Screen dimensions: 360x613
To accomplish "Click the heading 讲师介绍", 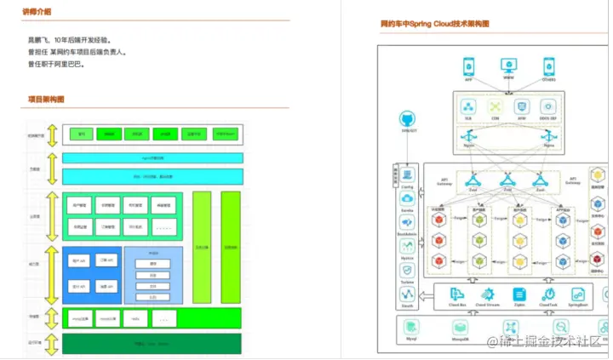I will pyautogui.click(x=39, y=12).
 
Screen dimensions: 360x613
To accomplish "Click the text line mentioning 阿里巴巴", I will pyautogui.click(x=56, y=64).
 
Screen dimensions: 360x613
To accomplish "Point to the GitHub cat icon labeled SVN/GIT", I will pyautogui.click(x=406, y=120).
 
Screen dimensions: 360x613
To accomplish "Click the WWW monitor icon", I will pyautogui.click(x=507, y=66).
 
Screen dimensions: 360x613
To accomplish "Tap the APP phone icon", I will pyautogui.click(x=467, y=66).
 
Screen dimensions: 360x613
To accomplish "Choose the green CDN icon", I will pyautogui.click(x=495, y=106).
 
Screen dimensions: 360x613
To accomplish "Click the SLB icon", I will pyautogui.click(x=467, y=106).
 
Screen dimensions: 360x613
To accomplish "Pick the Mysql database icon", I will pyautogui.click(x=411, y=329).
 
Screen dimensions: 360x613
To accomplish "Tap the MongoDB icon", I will pyautogui.click(x=460, y=329).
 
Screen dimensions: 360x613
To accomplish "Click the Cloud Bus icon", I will pyautogui.click(x=456, y=294).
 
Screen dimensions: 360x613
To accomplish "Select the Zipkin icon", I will pyautogui.click(x=518, y=294).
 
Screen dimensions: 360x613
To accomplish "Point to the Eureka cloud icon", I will pyautogui.click(x=406, y=198).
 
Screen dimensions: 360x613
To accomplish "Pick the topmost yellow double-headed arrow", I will pyautogui.click(x=52, y=134).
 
